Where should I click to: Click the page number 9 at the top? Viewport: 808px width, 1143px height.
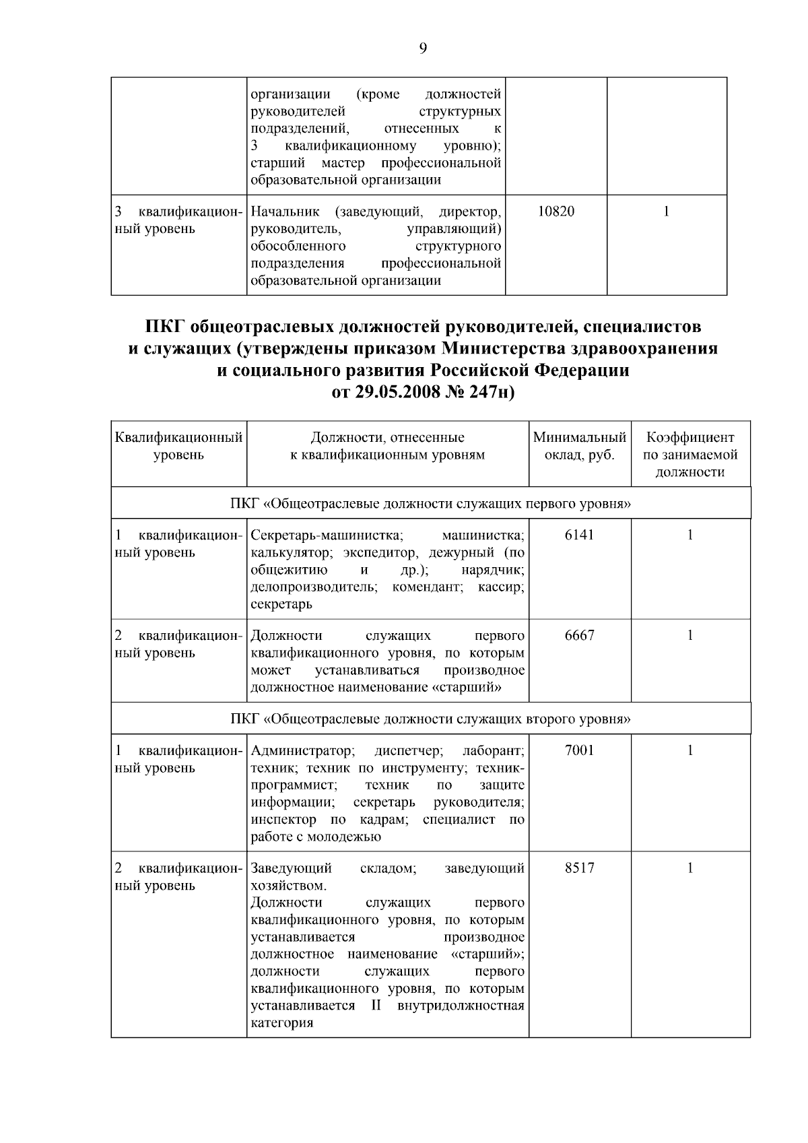pyautogui.click(x=423, y=48)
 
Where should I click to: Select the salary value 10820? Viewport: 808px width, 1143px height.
pyautogui.click(x=556, y=211)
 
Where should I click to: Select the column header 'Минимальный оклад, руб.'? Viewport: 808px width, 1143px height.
pyautogui.click(x=580, y=446)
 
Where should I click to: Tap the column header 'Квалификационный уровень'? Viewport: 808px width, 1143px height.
pyautogui.click(x=178, y=446)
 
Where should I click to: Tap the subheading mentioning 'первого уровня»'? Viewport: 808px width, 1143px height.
pyautogui.click(x=431, y=504)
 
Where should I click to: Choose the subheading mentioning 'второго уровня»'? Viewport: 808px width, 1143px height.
pyautogui.click(x=431, y=719)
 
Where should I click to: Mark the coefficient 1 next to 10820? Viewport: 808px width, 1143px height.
pyautogui.click(x=667, y=211)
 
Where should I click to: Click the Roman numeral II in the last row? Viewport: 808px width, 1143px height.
pyautogui.click(x=376, y=1006)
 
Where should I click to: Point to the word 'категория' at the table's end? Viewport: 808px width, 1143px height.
pyautogui.click(x=281, y=1024)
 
